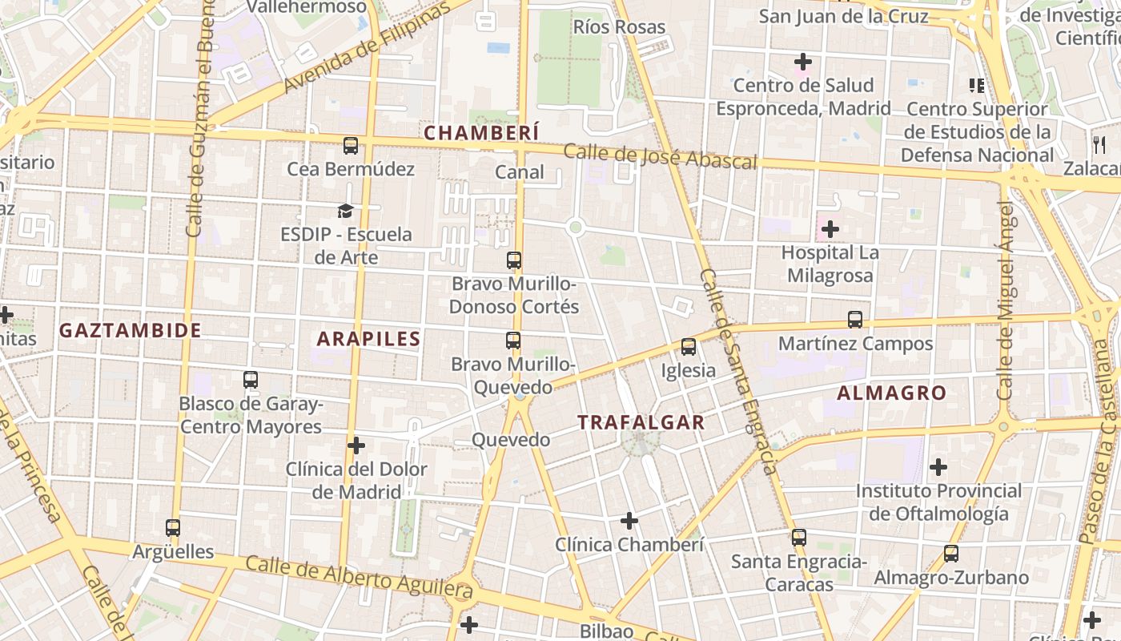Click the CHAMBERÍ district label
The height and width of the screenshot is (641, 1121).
[481, 133]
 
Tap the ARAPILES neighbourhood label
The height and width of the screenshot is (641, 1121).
[368, 339]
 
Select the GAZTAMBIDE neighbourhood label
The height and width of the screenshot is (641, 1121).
[130, 330]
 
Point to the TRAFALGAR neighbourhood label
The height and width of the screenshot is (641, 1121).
[641, 422]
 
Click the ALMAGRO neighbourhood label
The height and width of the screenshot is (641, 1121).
[892, 393]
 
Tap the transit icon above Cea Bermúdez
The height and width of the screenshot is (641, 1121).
[351, 146]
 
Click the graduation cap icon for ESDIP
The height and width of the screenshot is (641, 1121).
[345, 211]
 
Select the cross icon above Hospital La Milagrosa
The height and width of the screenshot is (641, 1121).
[830, 230]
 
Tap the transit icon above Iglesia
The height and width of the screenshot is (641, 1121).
[689, 348]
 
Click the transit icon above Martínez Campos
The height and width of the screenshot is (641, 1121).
[855, 320]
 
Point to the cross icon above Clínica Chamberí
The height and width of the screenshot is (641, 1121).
[629, 522]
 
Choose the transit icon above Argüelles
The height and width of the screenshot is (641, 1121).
[173, 528]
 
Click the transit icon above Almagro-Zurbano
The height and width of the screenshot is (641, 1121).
[951, 554]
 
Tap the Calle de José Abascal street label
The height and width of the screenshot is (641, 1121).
[660, 156]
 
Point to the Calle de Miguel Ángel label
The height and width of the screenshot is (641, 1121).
[1006, 300]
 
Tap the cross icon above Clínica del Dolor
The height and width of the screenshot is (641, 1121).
[356, 445]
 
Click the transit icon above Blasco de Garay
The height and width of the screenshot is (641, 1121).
[251, 380]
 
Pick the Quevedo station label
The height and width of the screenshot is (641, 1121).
[511, 440]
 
